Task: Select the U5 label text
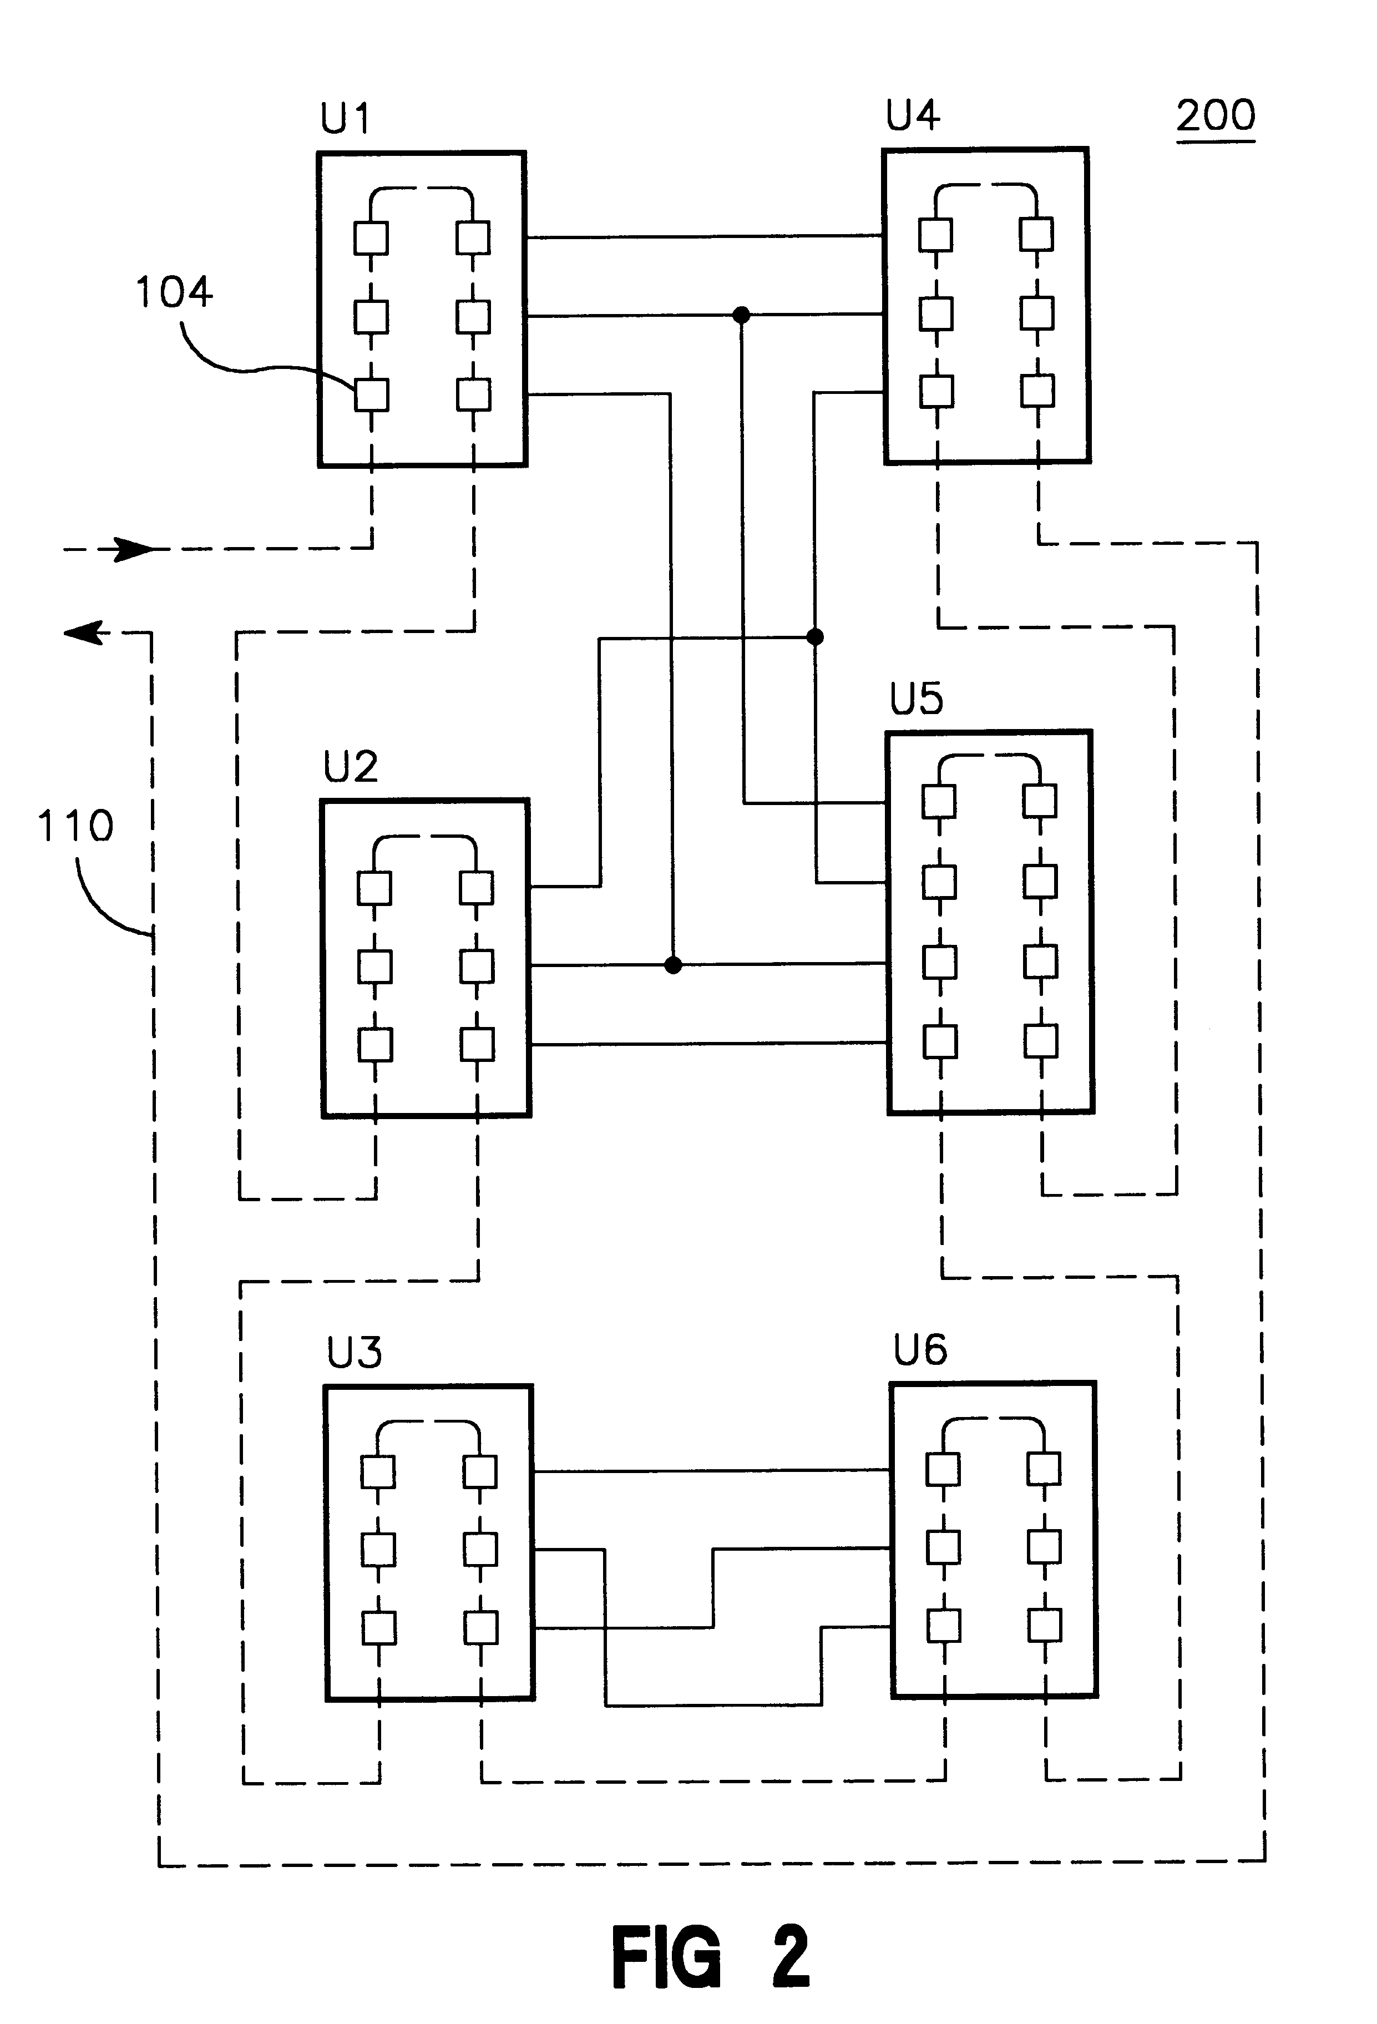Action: (917, 699)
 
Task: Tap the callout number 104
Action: (174, 292)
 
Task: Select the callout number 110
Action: (76, 826)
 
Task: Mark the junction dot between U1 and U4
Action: (741, 315)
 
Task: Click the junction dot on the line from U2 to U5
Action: (672, 965)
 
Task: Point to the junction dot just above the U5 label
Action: (815, 637)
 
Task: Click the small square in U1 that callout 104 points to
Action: (371, 394)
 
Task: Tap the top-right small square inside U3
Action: (480, 1473)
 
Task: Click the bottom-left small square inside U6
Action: (943, 1625)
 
